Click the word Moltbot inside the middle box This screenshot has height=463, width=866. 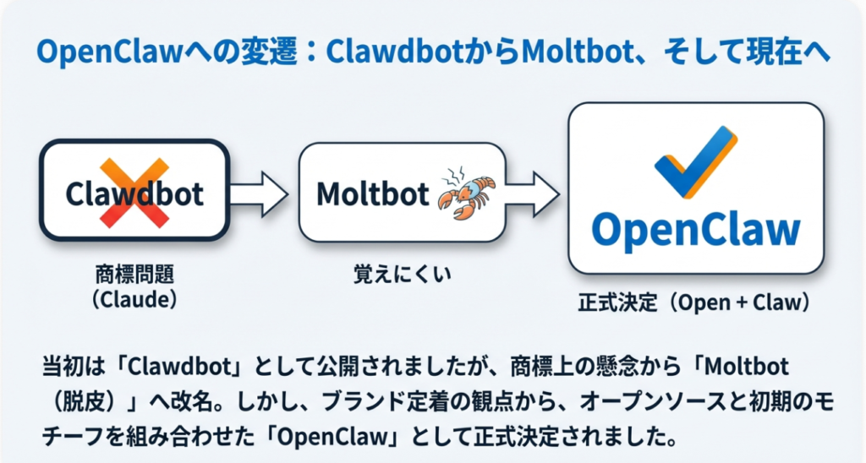click(373, 194)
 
